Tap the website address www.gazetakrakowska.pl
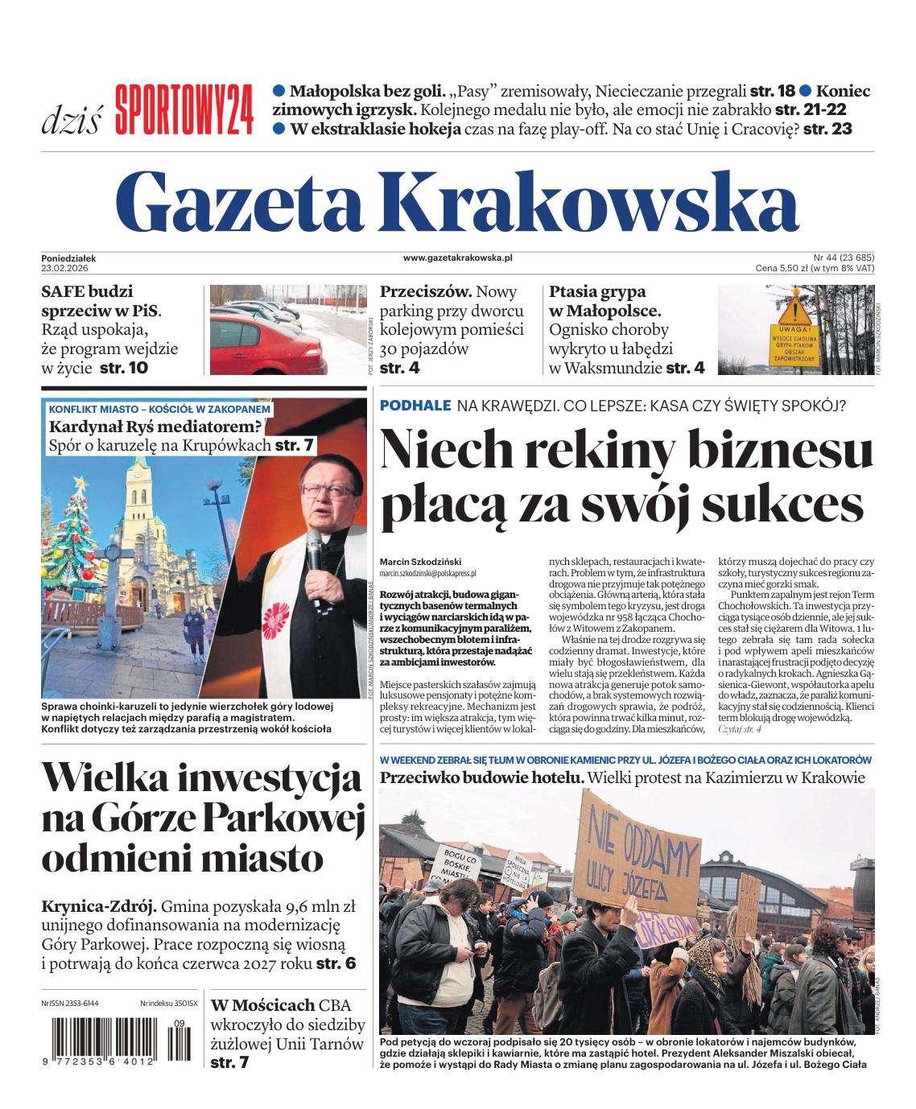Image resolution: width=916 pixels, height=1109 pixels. [x=457, y=258]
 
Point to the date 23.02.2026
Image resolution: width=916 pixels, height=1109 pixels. [x=68, y=267]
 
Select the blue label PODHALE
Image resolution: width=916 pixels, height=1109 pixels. [x=415, y=406]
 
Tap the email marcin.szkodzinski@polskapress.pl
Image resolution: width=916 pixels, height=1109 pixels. [x=427, y=574]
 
